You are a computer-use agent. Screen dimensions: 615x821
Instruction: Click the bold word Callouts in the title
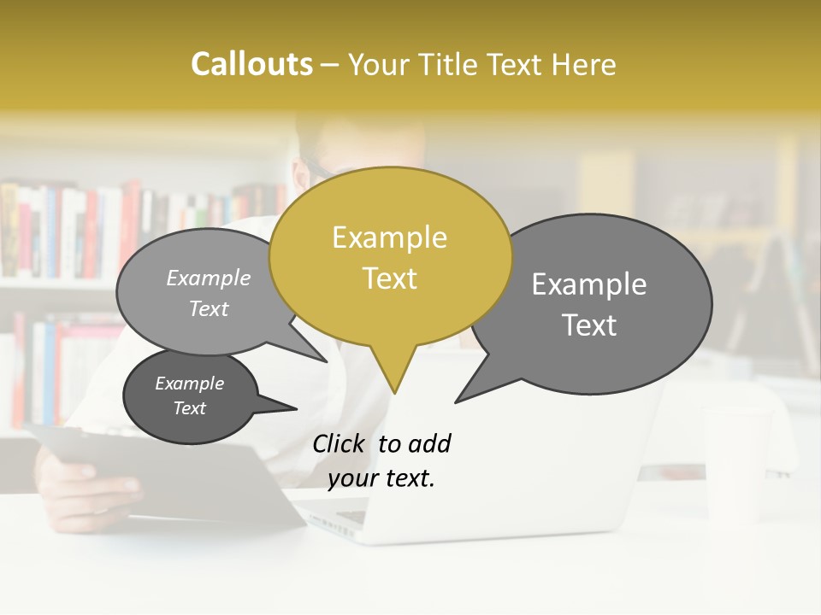tap(251, 64)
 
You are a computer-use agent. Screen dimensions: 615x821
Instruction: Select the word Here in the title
tap(584, 64)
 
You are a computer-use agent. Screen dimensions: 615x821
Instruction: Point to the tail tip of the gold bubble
tap(394, 393)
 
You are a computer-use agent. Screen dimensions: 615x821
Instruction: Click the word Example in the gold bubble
tap(389, 237)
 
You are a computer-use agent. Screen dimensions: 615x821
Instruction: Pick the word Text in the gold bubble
tap(389, 278)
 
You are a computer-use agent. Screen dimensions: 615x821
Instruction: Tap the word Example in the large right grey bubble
tap(589, 284)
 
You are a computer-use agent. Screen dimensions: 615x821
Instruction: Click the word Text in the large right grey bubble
tap(589, 325)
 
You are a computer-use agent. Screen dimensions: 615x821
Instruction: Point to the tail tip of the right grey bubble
tap(456, 401)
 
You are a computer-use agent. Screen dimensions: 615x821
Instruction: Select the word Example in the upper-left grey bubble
tap(208, 278)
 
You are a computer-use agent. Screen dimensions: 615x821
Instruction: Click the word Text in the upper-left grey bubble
tap(208, 308)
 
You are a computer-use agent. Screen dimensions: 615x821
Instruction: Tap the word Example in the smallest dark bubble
tap(189, 384)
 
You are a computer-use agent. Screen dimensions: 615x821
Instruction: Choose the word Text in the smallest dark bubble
tap(189, 408)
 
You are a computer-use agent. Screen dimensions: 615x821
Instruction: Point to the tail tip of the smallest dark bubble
tap(297, 408)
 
